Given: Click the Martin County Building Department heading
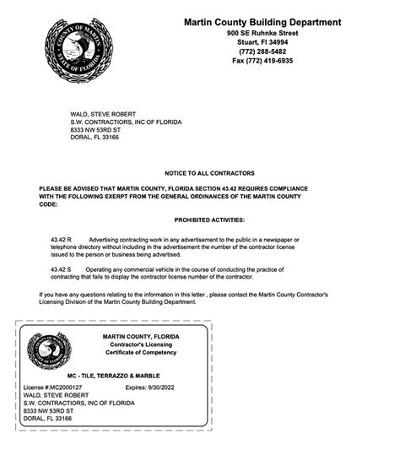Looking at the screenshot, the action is coord(262,22).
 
